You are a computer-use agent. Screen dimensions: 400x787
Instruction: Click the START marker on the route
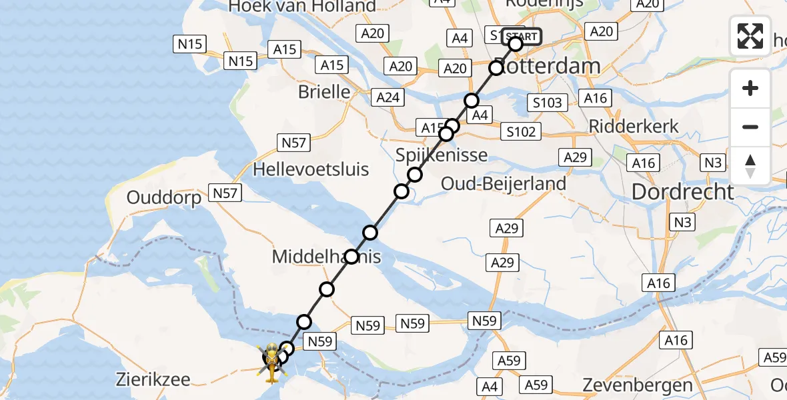(x=520, y=36)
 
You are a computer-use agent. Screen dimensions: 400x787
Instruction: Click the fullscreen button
(x=750, y=35)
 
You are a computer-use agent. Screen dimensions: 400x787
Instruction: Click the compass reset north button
(x=750, y=166)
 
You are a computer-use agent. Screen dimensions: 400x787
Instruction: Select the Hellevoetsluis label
(x=311, y=169)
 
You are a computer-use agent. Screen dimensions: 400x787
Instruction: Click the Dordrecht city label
(x=682, y=192)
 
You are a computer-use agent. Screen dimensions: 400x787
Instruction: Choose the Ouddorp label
(x=164, y=199)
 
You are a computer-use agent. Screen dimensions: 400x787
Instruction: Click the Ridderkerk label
(x=634, y=126)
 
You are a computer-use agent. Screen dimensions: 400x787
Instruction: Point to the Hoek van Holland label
(x=302, y=7)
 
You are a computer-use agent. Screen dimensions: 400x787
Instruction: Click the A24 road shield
(x=387, y=97)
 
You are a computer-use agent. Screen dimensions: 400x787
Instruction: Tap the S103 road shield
(x=548, y=103)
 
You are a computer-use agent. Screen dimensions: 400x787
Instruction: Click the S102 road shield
(x=521, y=132)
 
